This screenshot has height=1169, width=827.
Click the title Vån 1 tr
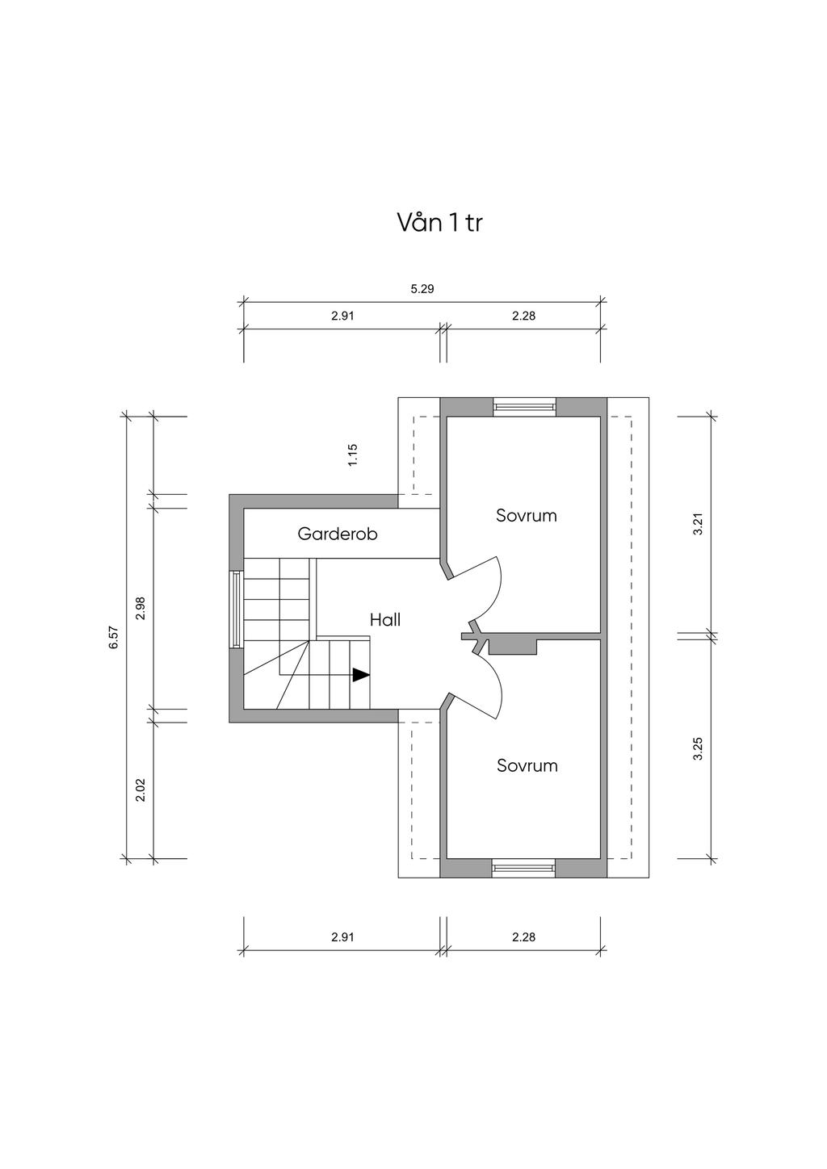439,223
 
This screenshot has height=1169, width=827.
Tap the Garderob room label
338,534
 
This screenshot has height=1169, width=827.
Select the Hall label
385,620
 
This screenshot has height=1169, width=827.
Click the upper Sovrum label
527,516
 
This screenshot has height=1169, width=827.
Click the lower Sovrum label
527,765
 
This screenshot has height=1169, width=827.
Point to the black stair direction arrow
361,675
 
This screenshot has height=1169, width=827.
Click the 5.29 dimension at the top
422,289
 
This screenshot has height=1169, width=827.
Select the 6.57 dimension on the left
115,637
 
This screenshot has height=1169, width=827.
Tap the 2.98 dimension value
140,608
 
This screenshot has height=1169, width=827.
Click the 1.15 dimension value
352,455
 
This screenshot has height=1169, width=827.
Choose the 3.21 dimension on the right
698,524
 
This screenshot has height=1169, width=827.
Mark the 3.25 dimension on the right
698,749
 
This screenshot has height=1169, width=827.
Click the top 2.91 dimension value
342,316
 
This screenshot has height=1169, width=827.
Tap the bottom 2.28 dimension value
523,937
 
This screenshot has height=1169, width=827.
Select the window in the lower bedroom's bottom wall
523,868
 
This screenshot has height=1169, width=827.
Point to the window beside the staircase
236,609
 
